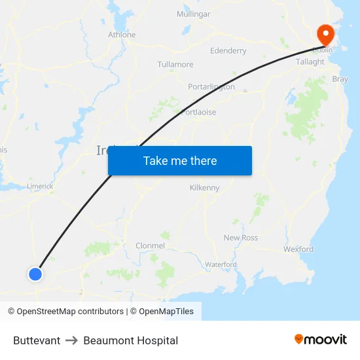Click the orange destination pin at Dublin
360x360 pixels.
click(325, 33)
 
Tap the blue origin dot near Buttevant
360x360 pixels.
click(35, 274)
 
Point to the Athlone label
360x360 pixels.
click(122, 35)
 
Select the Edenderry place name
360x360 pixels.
click(228, 50)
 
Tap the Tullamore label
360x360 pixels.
click(175, 64)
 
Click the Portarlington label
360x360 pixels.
click(211, 86)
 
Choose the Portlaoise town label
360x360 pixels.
click(198, 112)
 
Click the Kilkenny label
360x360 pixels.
click(204, 188)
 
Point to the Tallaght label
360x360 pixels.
click(310, 62)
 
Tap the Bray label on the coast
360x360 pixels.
click(340, 79)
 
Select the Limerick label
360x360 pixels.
click(40, 186)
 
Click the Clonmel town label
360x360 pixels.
click(150, 245)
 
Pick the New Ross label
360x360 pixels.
click(241, 238)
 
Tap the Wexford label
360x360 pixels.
click(298, 249)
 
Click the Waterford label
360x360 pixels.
click(221, 264)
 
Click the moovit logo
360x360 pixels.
click(321, 340)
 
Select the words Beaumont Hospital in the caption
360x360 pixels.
click(130, 340)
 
